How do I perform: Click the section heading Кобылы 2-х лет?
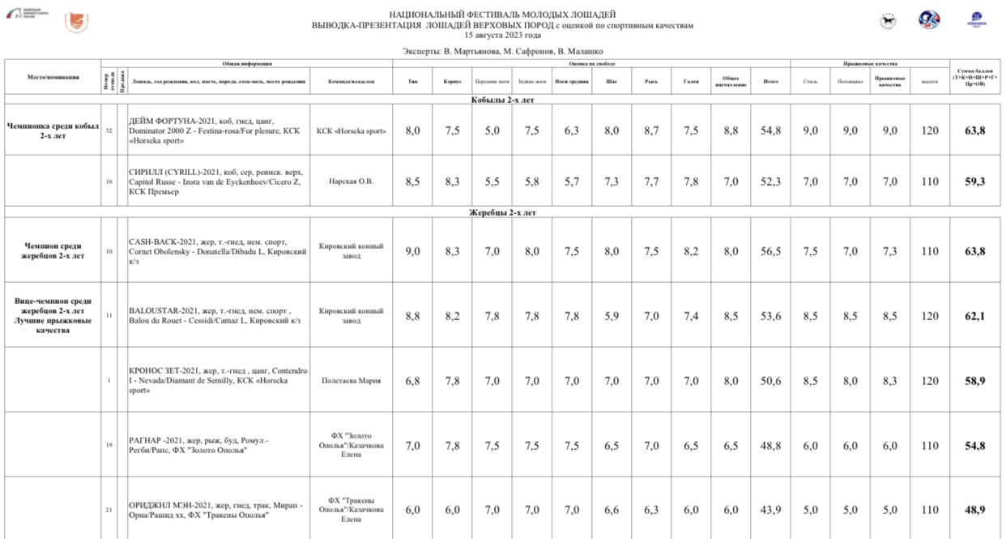502,101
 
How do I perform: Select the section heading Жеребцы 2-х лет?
502,212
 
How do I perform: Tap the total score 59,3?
974,182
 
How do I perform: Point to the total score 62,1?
974,316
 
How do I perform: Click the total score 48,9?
974,510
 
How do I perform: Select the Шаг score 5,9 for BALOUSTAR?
612,316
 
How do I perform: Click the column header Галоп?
691,81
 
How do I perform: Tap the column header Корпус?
452,81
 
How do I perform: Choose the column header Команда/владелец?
352,81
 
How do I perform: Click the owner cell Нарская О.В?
352,182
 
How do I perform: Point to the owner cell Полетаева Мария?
352,380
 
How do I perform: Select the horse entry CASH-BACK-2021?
217,251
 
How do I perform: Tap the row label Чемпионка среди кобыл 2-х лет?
53,130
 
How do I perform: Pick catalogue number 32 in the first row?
109,130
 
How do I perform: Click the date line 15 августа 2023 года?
502,36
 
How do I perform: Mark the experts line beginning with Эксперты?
502,51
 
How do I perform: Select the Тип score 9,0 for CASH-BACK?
412,251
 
